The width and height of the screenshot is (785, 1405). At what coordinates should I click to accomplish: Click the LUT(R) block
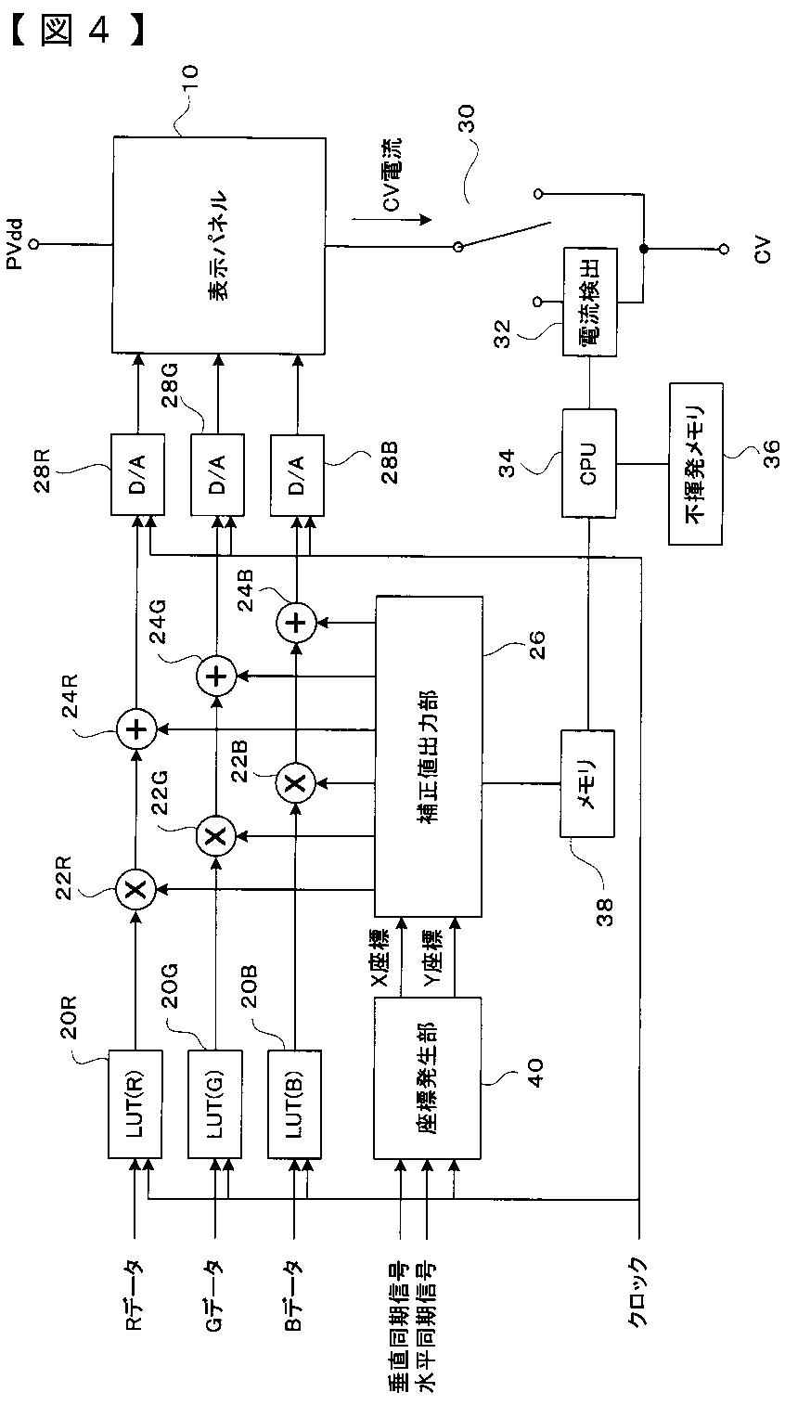click(135, 1103)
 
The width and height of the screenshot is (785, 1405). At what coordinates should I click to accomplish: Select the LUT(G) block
click(215, 1103)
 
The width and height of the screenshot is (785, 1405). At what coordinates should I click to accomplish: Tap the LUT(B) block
click(295, 1103)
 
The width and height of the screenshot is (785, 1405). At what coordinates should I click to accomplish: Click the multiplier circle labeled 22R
click(136, 888)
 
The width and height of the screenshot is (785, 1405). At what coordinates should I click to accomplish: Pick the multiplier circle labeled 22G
click(215, 835)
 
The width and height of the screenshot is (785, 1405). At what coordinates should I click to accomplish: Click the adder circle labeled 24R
click(136, 729)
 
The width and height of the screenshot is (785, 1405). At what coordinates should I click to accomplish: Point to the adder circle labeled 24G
click(215, 677)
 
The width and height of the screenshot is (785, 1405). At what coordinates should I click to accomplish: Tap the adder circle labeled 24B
click(295, 623)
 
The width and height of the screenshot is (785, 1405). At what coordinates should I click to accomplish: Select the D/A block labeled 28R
click(137, 474)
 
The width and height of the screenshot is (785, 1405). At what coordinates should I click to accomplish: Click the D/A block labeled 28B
click(297, 474)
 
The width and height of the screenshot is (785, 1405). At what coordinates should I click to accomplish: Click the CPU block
click(588, 463)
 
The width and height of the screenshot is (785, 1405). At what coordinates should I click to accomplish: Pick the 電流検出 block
click(589, 303)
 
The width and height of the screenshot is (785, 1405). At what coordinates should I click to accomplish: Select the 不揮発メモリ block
click(696, 463)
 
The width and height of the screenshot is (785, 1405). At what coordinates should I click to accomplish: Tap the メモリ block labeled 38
click(587, 783)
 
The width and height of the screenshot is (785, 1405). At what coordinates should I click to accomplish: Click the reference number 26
click(536, 643)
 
